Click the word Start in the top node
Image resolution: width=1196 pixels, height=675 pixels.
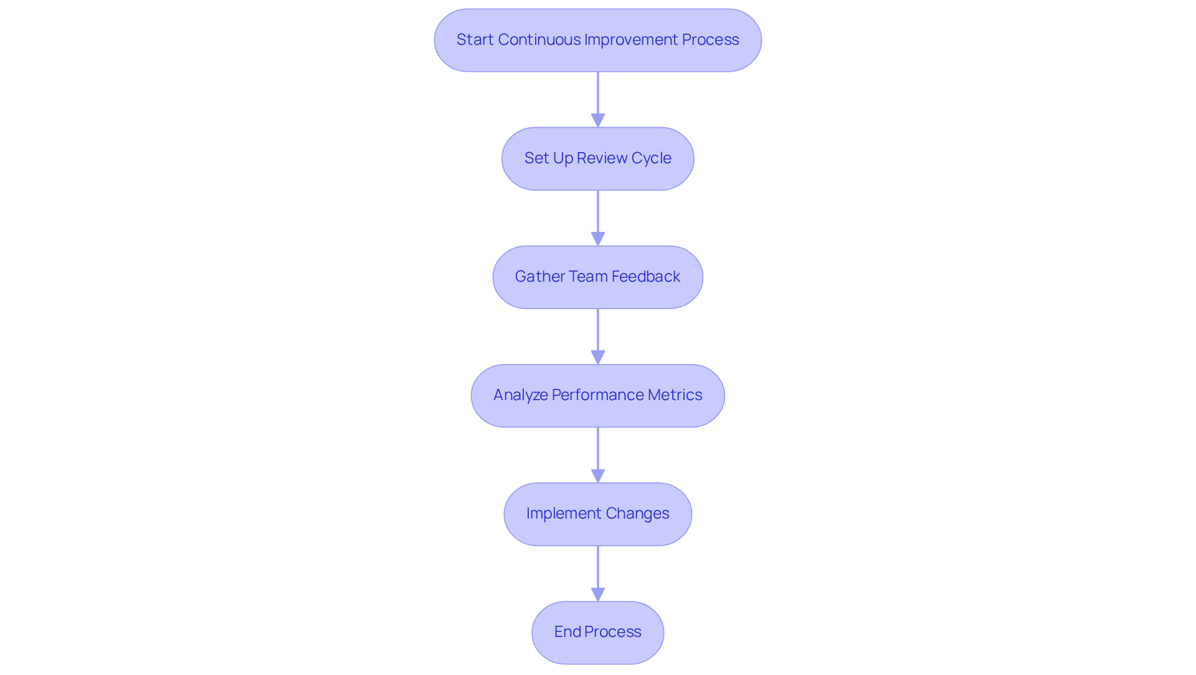[475, 40]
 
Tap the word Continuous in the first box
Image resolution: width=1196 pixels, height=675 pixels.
[539, 40]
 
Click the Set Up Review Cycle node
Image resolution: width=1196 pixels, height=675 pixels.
[597, 159]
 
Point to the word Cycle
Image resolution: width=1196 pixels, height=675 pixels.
[651, 158]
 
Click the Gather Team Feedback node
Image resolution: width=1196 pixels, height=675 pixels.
[597, 277]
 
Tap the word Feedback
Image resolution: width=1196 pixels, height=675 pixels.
[645, 277]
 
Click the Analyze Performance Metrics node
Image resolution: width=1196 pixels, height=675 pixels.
[597, 396]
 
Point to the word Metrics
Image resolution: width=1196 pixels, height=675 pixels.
[675, 395]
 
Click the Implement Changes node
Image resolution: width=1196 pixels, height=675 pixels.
[597, 514]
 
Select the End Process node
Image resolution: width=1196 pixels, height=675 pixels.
[597, 633]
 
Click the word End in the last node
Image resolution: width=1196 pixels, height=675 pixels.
[567, 632]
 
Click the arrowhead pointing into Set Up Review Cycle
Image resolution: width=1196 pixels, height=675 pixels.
[598, 120]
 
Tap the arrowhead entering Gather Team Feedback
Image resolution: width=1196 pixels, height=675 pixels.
[598, 239]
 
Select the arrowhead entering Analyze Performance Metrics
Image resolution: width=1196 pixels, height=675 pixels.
[598, 357]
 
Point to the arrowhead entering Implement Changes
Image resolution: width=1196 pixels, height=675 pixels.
[598, 476]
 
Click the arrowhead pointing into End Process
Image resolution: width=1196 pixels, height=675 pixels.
[598, 594]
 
